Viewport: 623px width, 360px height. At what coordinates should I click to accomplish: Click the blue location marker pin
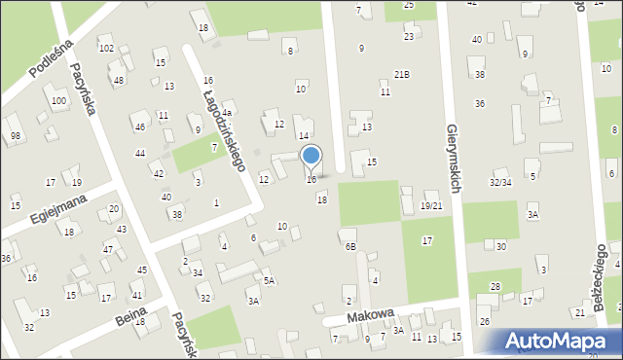311,157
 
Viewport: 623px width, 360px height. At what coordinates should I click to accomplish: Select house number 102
106,48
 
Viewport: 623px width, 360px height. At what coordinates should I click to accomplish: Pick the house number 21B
401,74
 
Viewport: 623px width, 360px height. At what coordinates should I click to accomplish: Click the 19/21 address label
431,205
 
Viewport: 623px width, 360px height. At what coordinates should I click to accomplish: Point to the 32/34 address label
500,182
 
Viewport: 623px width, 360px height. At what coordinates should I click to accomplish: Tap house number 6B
349,246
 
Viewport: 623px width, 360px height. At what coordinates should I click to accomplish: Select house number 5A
270,280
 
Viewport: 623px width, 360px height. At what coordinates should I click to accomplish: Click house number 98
15,135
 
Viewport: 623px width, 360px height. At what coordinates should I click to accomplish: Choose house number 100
59,100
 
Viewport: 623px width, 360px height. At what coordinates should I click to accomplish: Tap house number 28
495,286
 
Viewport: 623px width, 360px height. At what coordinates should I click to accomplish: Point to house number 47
108,250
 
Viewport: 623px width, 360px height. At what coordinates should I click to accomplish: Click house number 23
409,36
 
